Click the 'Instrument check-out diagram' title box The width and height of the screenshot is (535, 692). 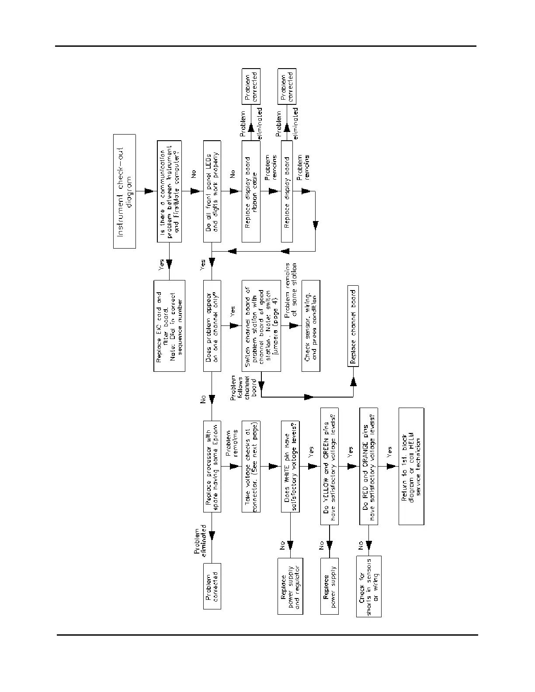(x=125, y=191)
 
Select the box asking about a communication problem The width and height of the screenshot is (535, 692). (x=169, y=191)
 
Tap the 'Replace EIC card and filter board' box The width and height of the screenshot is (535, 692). (x=169, y=326)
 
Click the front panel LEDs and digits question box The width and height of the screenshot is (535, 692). (x=212, y=191)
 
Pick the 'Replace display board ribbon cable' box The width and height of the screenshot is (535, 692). (x=251, y=191)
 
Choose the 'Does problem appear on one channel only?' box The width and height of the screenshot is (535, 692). (x=212, y=326)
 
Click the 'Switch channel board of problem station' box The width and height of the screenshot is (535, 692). (x=261, y=326)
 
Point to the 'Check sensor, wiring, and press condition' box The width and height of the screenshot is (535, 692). (x=310, y=326)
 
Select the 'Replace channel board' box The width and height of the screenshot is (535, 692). (x=353, y=326)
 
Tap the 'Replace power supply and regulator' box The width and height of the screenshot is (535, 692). (x=290, y=586)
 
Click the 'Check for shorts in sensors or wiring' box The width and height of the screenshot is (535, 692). (x=368, y=586)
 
